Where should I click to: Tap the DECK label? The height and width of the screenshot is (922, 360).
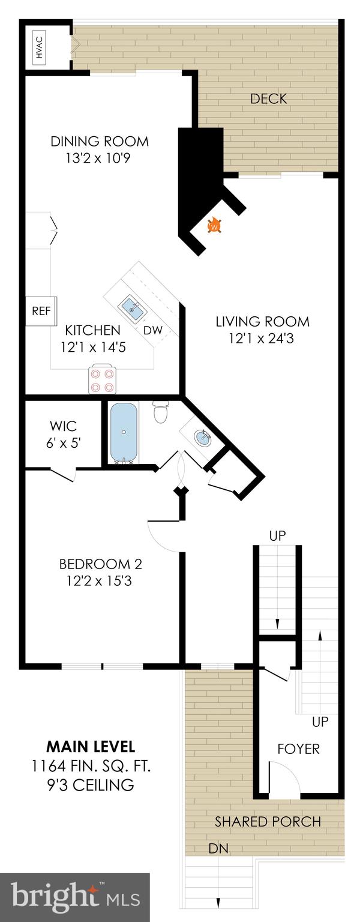pyautogui.click(x=268, y=98)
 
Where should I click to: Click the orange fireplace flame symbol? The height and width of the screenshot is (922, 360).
pyautogui.click(x=214, y=226)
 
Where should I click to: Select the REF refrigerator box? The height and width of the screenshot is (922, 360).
pyautogui.click(x=41, y=311)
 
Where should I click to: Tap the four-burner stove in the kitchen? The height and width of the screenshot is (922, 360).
pyautogui.click(x=102, y=379)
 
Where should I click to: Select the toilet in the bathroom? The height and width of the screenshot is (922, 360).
pyautogui.click(x=161, y=412)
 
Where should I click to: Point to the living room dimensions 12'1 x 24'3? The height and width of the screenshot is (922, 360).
pyautogui.click(x=262, y=338)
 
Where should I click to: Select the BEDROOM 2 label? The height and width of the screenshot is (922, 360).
pyautogui.click(x=100, y=564)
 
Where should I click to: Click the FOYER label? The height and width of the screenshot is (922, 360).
pyautogui.click(x=298, y=749)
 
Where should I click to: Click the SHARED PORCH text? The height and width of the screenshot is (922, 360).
pyautogui.click(x=268, y=821)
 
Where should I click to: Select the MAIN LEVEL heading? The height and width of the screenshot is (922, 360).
pyautogui.click(x=91, y=747)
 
